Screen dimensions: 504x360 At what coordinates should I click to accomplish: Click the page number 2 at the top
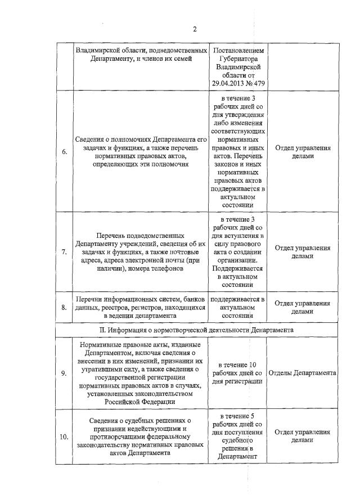[x=194, y=29]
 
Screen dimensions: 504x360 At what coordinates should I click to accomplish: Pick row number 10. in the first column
[x=64, y=436]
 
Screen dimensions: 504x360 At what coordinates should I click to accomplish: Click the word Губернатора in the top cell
[x=238, y=57]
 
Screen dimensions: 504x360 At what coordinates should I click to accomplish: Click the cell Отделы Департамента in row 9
[x=303, y=373]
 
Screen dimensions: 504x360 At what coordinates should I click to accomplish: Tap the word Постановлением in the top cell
[x=238, y=49]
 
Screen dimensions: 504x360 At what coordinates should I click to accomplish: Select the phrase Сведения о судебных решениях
[x=141, y=420]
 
